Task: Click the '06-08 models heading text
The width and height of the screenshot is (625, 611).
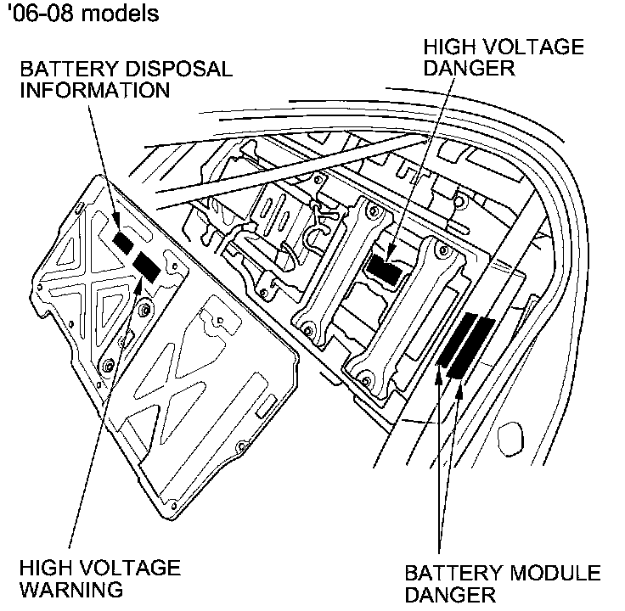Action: [82, 14]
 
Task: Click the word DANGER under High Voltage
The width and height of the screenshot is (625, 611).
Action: [471, 68]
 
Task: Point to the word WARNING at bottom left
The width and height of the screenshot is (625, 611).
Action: [71, 589]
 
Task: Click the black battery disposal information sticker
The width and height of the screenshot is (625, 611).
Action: [124, 241]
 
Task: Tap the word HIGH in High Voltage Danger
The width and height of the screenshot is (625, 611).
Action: [445, 47]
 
